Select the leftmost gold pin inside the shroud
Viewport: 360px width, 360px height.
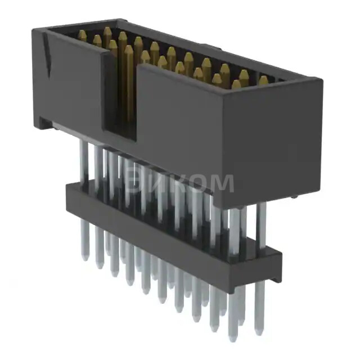(82, 36)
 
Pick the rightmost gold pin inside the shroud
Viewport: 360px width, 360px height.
(263, 80)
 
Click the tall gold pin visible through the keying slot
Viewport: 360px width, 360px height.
(128, 84)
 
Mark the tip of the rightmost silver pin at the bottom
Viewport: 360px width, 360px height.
(259, 332)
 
